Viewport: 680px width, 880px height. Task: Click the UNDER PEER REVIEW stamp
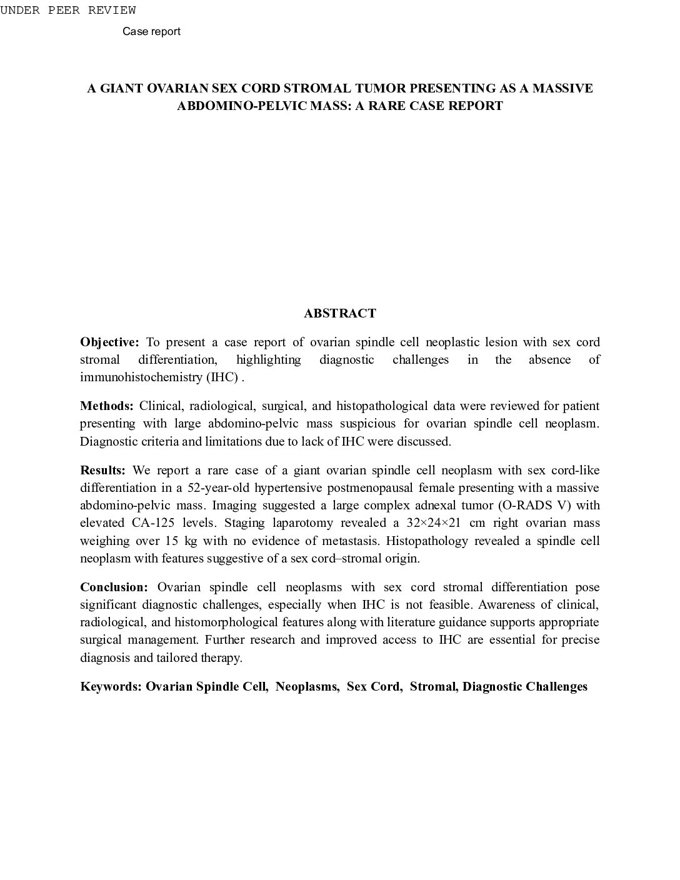[x=68, y=11]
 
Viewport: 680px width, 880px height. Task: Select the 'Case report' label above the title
[x=151, y=31]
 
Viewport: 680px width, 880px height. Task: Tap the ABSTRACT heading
[x=340, y=313]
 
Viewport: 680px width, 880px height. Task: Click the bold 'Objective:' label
[x=109, y=342]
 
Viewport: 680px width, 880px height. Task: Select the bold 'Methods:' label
[x=106, y=406]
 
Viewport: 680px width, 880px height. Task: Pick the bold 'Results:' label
[x=102, y=470]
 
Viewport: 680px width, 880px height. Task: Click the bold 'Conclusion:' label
[x=114, y=587]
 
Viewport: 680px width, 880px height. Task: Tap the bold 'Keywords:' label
[x=111, y=686]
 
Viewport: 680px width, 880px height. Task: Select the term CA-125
[x=152, y=522]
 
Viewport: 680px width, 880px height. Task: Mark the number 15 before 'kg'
[x=172, y=540]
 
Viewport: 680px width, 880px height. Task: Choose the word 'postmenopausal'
[x=334, y=487]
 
